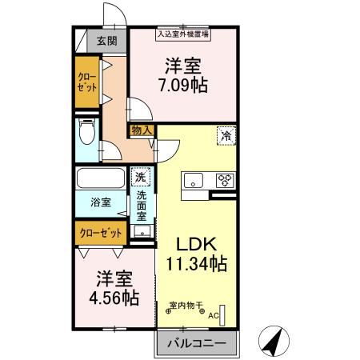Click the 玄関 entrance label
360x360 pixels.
tap(106, 41)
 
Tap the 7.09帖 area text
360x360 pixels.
tap(183, 84)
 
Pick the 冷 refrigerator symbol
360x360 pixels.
tap(227, 136)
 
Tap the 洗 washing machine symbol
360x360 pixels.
tap(141, 177)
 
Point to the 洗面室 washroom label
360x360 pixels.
tap(142, 205)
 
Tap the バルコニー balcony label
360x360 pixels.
tap(196, 344)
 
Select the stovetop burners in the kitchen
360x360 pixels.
tap(223, 180)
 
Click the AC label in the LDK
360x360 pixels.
tap(214, 315)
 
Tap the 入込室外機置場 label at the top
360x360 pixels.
tap(183, 34)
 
